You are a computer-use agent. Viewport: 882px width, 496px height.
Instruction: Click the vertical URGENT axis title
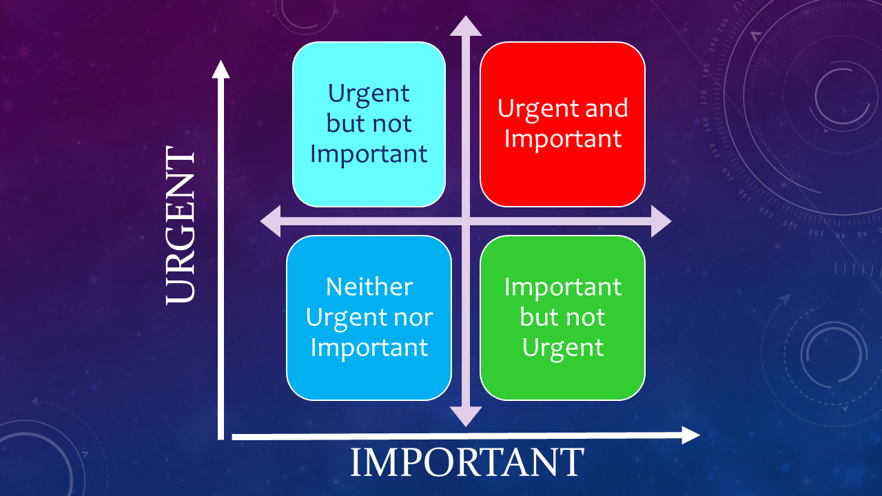tap(181, 225)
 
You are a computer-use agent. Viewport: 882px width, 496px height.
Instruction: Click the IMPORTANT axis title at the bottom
tap(467, 462)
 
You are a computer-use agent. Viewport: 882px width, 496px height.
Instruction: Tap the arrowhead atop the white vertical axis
tap(221, 70)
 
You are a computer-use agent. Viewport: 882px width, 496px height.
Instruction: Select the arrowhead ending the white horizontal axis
tap(690, 435)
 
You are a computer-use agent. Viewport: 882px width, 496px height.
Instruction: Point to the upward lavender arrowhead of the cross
tap(466, 26)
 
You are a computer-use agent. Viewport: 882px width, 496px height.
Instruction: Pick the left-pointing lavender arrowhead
tap(271, 221)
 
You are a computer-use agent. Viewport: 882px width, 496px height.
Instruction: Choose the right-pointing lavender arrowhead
tap(661, 221)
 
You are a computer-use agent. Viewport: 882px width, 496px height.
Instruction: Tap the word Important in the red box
tap(563, 138)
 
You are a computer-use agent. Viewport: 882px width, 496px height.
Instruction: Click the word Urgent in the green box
tap(563, 349)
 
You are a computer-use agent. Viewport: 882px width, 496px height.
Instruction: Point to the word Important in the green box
tap(563, 287)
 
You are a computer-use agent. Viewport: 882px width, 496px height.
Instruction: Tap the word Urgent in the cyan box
tap(369, 94)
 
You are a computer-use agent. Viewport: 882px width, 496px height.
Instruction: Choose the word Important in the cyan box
tap(369, 154)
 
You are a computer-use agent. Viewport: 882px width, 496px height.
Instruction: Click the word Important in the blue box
tap(369, 347)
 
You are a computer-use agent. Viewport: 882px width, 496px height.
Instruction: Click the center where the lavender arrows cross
tap(466, 221)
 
